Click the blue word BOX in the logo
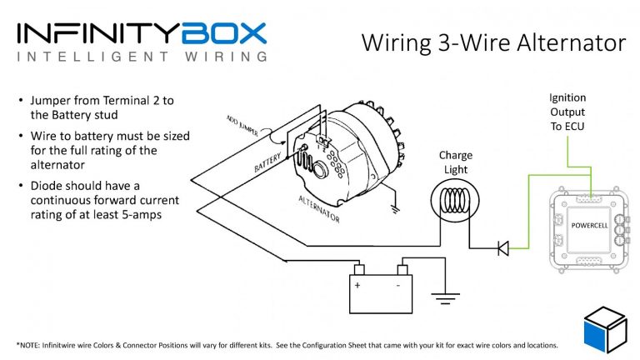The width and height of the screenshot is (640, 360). click(226, 32)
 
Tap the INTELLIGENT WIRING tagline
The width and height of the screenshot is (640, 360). click(142, 57)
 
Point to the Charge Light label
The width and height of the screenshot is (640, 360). click(455, 162)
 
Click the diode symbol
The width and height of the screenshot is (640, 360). click(502, 247)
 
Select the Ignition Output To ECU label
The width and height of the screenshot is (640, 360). click(567, 112)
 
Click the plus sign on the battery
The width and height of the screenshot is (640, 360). click(358, 285)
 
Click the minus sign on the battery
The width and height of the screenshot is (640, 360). click(398, 285)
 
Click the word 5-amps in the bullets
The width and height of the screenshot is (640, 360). click(141, 215)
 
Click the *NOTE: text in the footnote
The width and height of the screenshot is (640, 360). click(32, 345)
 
